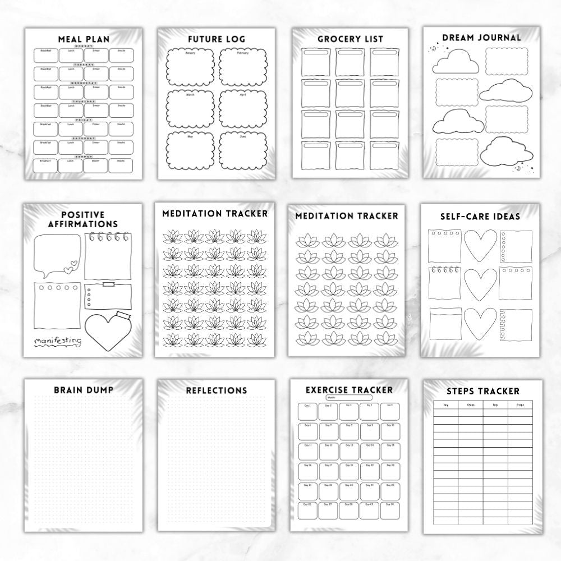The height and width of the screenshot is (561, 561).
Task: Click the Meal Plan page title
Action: (x=84, y=39)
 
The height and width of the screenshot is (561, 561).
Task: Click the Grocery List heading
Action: (x=350, y=39)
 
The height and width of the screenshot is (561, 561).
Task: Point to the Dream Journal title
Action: (x=481, y=38)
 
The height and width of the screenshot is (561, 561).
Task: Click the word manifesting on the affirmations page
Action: (x=57, y=341)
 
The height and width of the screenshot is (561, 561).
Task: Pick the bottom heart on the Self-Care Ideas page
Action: (x=481, y=325)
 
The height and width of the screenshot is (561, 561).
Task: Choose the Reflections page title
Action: (x=216, y=390)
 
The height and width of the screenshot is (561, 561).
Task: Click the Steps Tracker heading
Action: (x=483, y=391)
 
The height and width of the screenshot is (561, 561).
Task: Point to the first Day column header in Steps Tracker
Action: (x=446, y=404)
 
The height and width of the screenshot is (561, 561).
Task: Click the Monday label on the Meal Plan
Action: (x=84, y=46)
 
